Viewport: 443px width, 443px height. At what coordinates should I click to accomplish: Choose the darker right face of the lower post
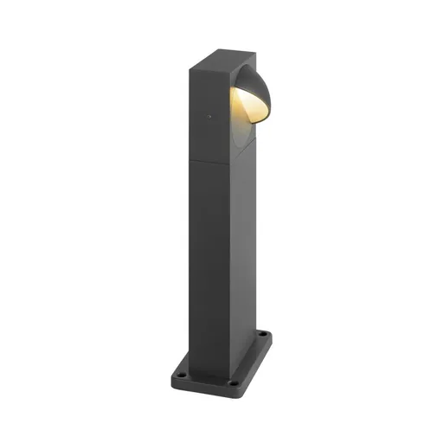242,251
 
